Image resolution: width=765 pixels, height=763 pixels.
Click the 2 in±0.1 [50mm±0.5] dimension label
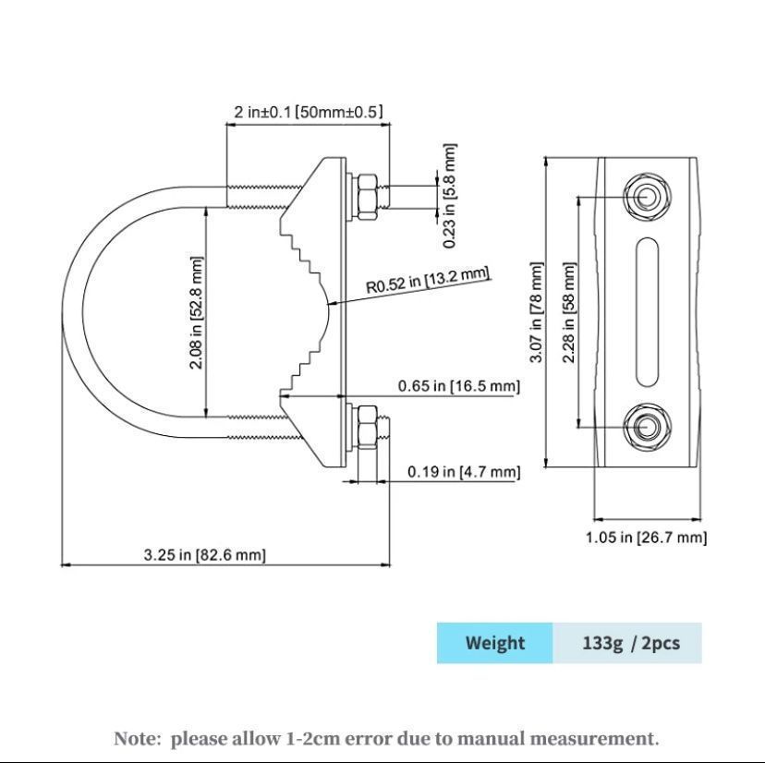coord(308,112)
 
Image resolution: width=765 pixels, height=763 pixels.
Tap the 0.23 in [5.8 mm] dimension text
coord(450,196)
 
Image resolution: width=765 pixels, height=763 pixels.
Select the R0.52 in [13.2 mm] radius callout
coord(428,281)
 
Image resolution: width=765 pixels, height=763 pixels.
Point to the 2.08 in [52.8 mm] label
coord(196,312)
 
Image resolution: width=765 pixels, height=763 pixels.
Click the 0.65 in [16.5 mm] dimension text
coord(459,386)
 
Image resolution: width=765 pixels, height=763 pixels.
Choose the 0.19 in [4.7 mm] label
coord(464,472)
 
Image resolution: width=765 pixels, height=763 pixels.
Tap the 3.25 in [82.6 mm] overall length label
coord(205,555)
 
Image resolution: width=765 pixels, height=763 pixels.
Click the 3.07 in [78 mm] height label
coord(536,312)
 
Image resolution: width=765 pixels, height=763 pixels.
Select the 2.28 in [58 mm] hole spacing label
coord(569,312)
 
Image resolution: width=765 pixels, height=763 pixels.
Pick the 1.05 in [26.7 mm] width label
coord(647,538)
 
